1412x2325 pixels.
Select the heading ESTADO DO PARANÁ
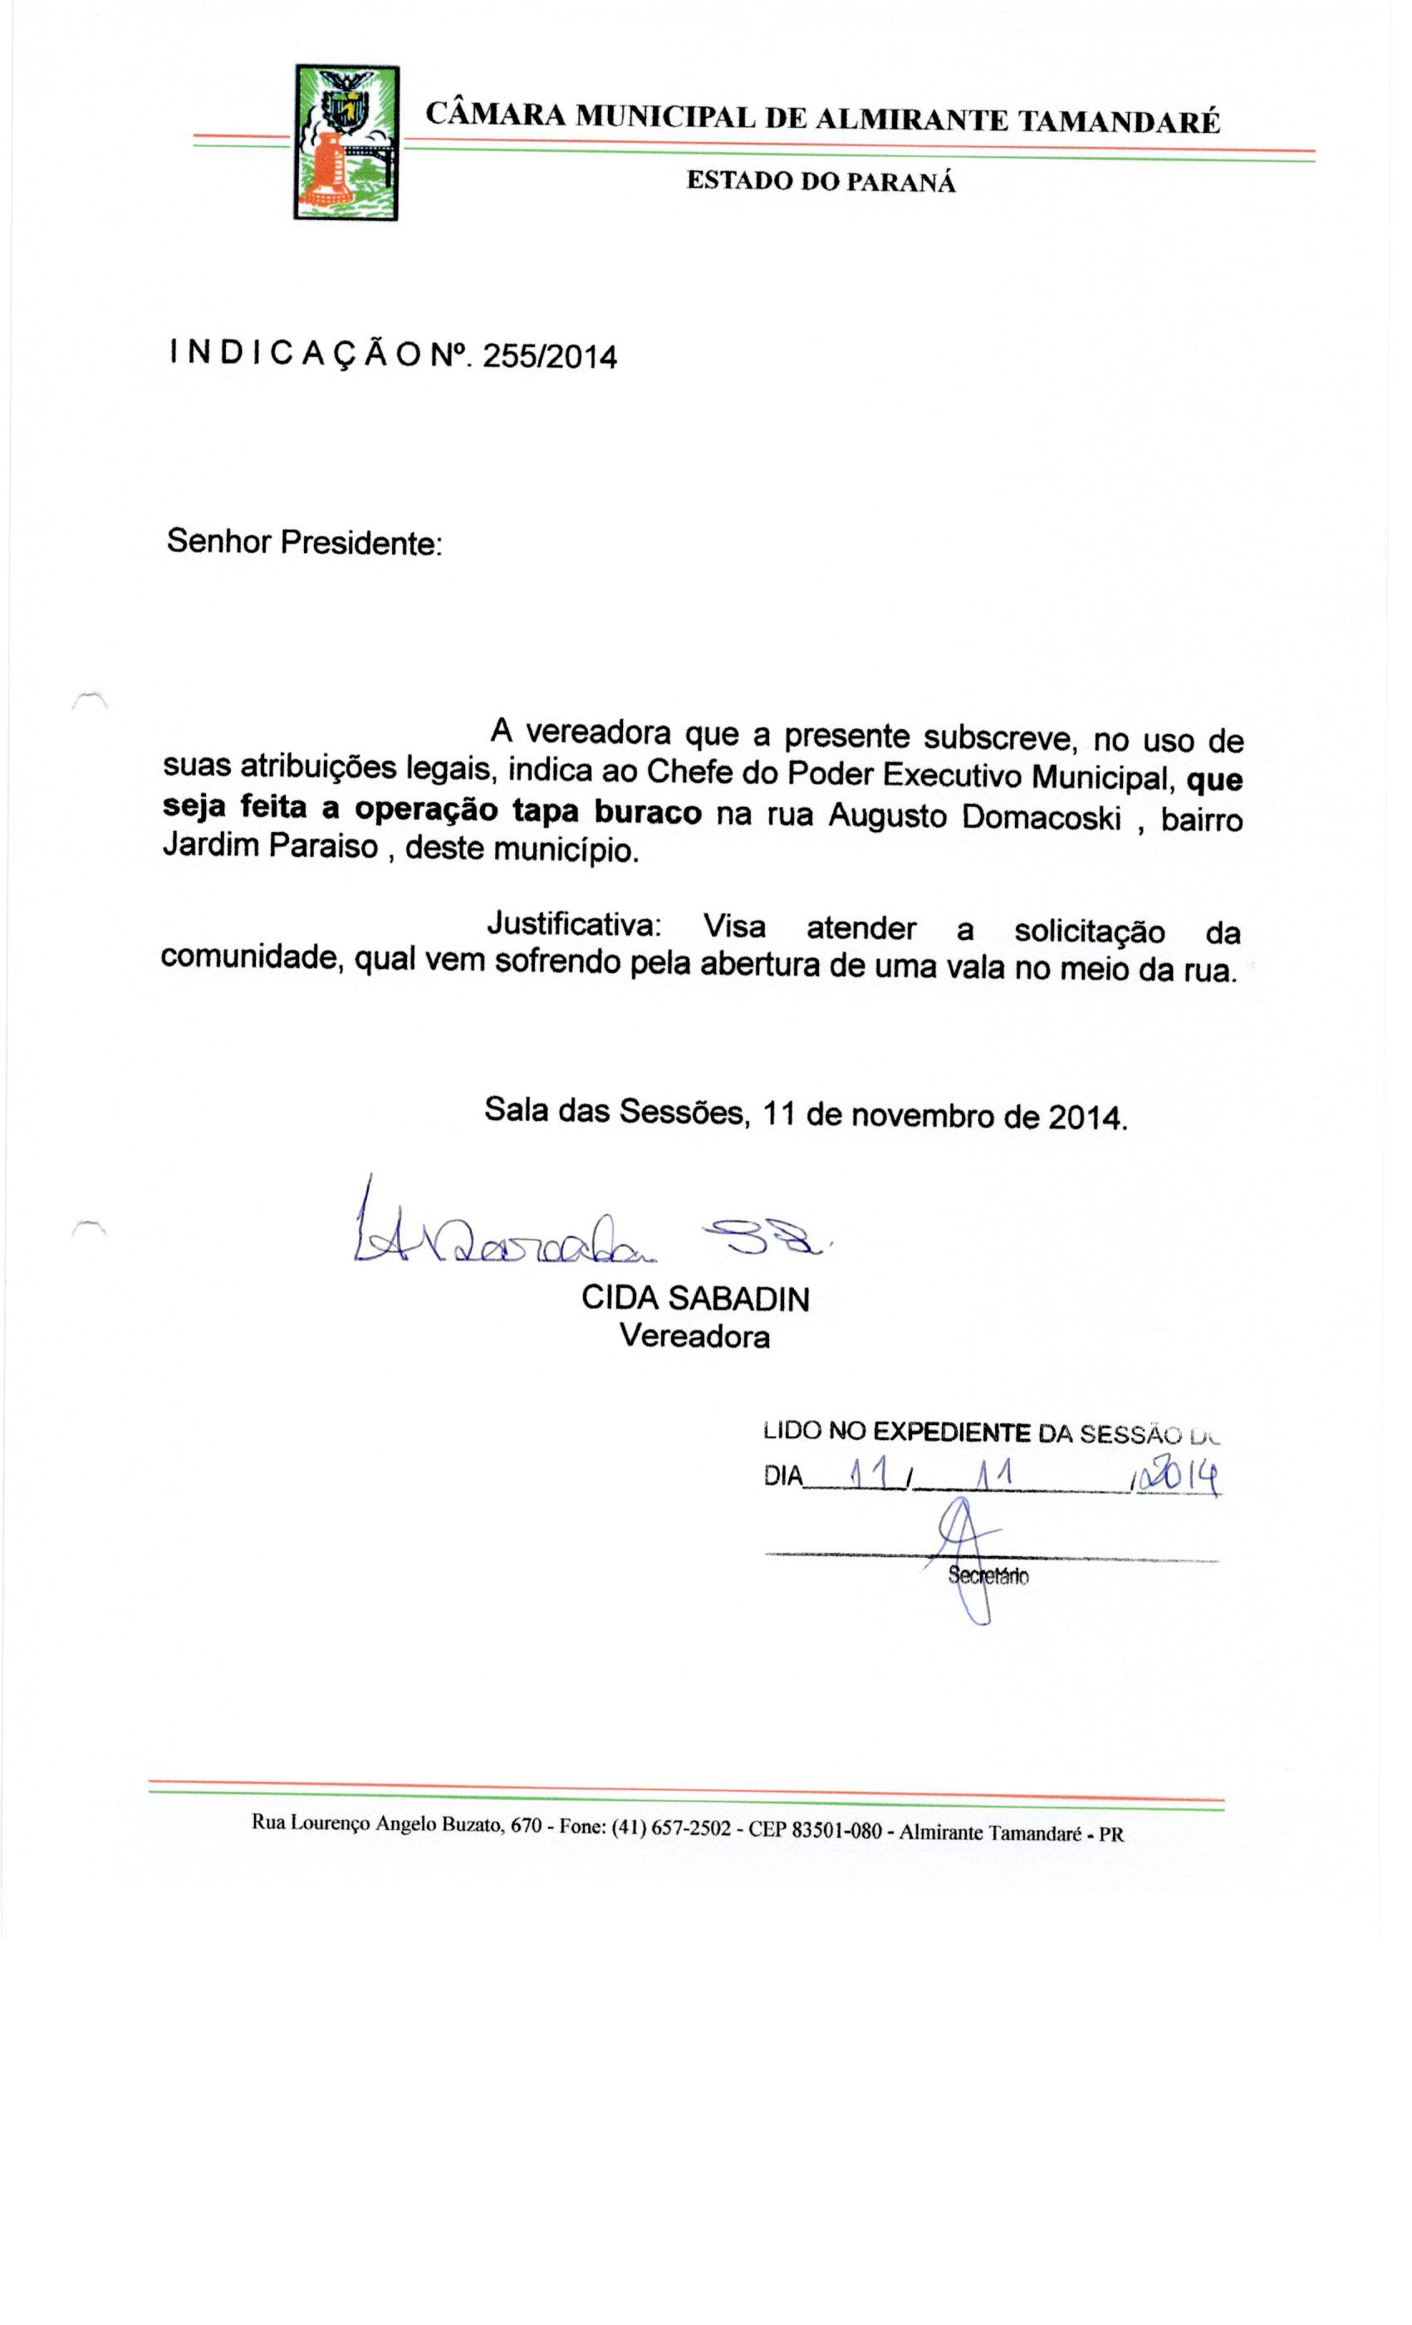click(x=821, y=181)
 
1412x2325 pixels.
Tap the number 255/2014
click(x=549, y=357)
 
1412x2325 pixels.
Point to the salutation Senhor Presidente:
click(x=304, y=542)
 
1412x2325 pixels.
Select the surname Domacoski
click(x=1040, y=816)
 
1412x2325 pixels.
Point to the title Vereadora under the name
click(x=694, y=1336)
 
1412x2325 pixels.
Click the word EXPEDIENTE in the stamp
click(x=950, y=1432)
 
